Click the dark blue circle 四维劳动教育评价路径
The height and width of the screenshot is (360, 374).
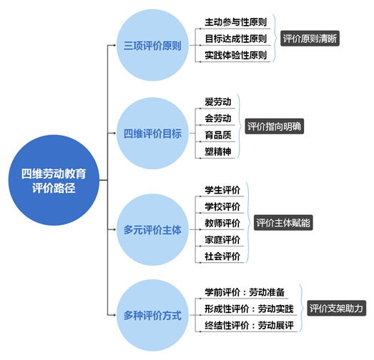[54, 180]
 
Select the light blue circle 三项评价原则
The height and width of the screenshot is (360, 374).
[152, 45]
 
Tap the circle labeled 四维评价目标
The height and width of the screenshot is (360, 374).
[152, 133]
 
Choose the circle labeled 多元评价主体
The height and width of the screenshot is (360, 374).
[152, 230]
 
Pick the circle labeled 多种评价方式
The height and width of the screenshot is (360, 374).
[152, 315]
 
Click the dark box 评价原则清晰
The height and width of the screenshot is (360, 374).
[310, 39]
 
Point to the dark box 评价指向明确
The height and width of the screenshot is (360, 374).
[275, 126]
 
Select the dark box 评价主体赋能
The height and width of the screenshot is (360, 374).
[283, 223]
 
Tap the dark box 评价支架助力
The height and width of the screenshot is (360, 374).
[336, 309]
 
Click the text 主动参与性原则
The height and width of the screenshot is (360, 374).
[236, 22]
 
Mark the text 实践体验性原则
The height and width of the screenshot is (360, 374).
[236, 55]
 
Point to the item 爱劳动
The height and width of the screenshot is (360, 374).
[218, 102]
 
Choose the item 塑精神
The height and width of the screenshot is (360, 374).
[218, 151]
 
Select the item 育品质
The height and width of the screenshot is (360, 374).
[218, 135]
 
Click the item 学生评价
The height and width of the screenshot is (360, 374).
[222, 190]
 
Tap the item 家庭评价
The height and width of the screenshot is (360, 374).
[222, 240]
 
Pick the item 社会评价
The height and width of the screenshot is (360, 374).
[222, 256]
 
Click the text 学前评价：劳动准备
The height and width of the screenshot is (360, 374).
[245, 292]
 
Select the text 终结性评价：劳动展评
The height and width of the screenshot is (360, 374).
[249, 326]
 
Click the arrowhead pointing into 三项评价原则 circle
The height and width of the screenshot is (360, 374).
[114, 45]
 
